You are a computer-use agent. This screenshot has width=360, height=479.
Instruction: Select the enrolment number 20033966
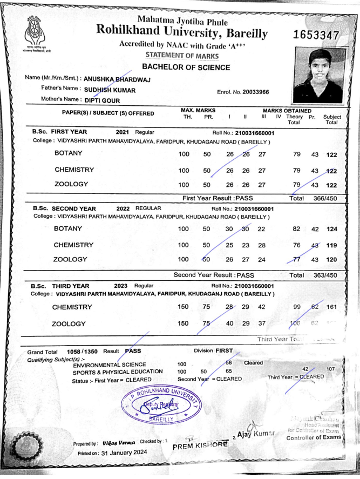pyautogui.click(x=252, y=92)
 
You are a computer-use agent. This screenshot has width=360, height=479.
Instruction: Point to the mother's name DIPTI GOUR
pyautogui.click(x=102, y=100)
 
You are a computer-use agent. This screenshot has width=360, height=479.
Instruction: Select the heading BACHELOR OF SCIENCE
pyautogui.click(x=186, y=68)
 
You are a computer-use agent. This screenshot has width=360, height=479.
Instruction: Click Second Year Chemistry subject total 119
pyautogui.click(x=331, y=245)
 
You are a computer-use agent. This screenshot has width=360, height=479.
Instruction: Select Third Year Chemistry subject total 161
pyautogui.click(x=331, y=307)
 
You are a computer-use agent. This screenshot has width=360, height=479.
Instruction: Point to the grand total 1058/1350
pyautogui.click(x=78, y=351)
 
